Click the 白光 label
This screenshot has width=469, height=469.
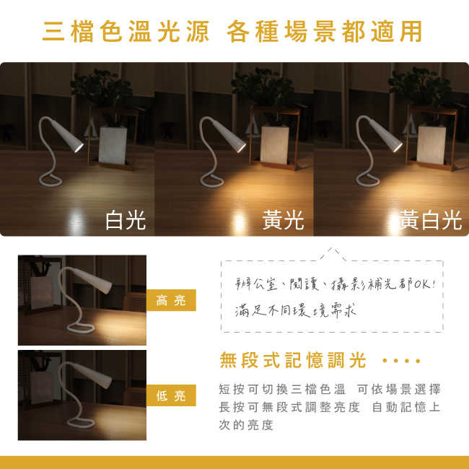[x=126, y=219]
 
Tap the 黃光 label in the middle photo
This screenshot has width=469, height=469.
[x=284, y=219]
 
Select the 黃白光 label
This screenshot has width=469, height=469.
[x=430, y=219]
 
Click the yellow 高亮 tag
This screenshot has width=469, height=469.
[x=171, y=300]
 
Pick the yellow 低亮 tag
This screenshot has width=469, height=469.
[x=171, y=395]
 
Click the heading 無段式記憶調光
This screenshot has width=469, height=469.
[x=292, y=360]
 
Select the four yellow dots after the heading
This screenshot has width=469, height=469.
[x=401, y=360]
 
